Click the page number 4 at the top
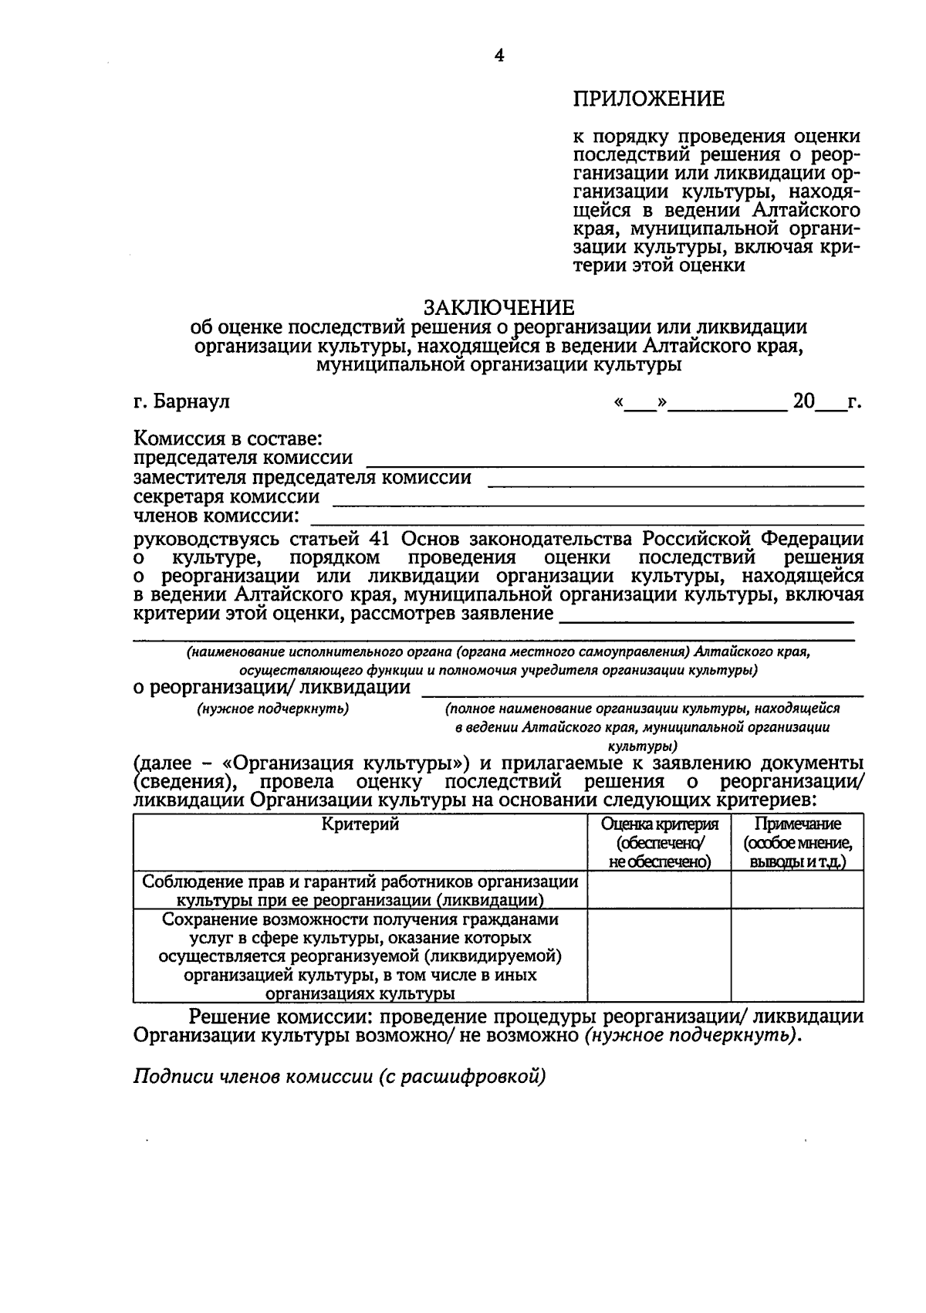pyautogui.click(x=498, y=56)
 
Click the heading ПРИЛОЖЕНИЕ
pyautogui.click(x=648, y=99)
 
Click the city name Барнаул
pyautogui.click(x=191, y=402)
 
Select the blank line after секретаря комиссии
pyautogui.click(x=596, y=500)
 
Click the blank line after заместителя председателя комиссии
pyautogui.click(x=675, y=482)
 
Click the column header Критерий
pyautogui.click(x=360, y=824)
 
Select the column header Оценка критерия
pyautogui.click(x=659, y=824)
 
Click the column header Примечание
pyautogui.click(x=797, y=824)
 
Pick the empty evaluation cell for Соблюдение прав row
pyautogui.click(x=659, y=890)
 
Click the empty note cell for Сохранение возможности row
pyautogui.click(x=797, y=956)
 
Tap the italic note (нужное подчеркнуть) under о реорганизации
pyautogui.click(x=272, y=709)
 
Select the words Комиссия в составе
pyautogui.click(x=228, y=440)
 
